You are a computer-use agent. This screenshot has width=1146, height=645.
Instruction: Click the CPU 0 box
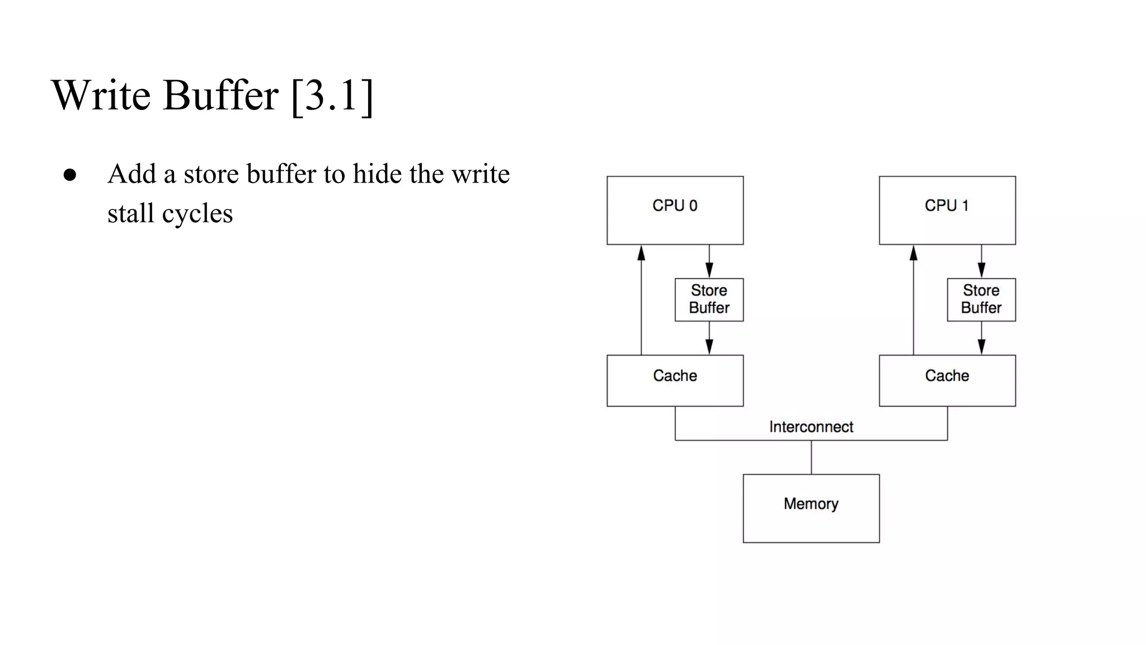click(675, 210)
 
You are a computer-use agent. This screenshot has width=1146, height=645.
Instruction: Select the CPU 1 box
click(947, 210)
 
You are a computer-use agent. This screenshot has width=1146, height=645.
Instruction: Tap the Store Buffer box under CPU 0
click(709, 300)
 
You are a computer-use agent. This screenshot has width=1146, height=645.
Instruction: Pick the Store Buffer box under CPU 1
click(981, 300)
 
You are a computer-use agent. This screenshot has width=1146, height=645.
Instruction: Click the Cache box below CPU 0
click(675, 380)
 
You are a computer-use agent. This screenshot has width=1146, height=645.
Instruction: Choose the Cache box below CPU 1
click(947, 380)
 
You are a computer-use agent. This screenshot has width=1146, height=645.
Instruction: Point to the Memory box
click(811, 508)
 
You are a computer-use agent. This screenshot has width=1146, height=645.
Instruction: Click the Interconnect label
click(811, 427)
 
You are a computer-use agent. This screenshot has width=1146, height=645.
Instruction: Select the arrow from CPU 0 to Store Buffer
click(709, 261)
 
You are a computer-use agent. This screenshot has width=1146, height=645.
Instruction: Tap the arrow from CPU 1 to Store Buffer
click(981, 261)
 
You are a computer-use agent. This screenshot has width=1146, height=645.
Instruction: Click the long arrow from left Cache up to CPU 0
click(641, 302)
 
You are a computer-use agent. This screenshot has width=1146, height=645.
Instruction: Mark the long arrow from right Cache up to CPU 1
click(913, 302)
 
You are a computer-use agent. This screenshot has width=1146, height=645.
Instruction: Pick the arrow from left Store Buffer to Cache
click(709, 338)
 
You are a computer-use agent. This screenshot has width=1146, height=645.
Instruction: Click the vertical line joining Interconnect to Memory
click(811, 457)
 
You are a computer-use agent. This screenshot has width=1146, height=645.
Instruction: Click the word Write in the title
click(101, 95)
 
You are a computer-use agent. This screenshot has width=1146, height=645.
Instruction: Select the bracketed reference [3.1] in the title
click(332, 95)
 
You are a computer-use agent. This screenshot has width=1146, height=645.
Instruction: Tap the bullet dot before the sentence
click(70, 175)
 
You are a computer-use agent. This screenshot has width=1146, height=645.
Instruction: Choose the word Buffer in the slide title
click(220, 95)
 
